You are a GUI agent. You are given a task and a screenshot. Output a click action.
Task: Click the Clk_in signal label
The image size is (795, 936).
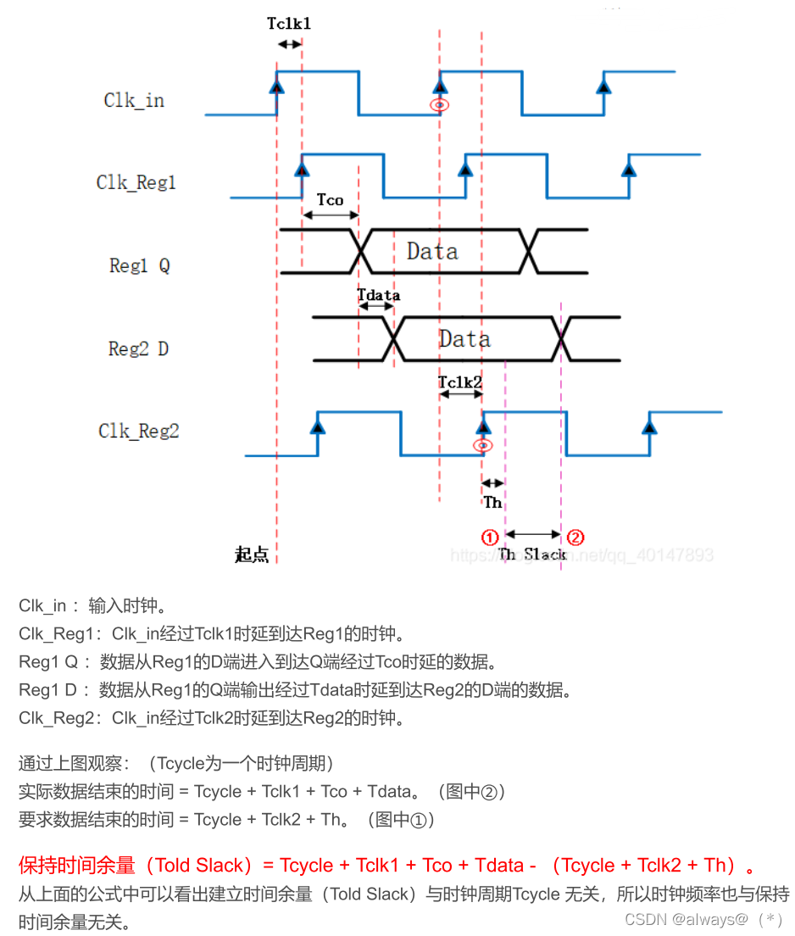pos(134,100)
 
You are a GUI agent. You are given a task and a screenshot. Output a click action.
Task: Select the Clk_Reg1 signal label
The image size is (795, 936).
pos(136,182)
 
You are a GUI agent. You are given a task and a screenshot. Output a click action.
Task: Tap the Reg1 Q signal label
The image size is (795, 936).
pos(139,265)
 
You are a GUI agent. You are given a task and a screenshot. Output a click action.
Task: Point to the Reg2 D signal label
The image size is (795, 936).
pos(138,348)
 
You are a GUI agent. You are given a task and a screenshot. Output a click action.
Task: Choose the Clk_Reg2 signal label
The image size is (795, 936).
pos(138,431)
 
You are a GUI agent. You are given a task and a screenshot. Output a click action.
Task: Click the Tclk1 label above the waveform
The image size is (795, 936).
pos(289,24)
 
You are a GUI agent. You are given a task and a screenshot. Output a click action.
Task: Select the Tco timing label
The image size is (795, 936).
pos(330,199)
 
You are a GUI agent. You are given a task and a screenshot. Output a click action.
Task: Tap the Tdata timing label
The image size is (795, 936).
pos(378,295)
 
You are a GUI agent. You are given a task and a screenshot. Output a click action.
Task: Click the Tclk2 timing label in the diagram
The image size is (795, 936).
pos(460,382)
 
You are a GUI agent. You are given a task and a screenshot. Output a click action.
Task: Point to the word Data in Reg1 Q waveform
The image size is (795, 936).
pos(432,252)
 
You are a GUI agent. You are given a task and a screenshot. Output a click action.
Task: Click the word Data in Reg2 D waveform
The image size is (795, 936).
pos(464,339)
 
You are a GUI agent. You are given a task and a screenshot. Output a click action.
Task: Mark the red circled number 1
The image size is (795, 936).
pos(489,537)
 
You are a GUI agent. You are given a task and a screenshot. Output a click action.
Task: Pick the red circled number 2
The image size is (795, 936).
pos(575,537)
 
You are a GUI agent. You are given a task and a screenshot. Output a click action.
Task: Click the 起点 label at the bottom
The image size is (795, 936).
pos(252,555)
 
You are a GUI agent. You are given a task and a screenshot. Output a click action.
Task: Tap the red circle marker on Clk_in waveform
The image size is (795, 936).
pos(439,105)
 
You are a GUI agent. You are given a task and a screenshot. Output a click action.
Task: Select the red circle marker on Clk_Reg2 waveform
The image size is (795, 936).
pos(483,446)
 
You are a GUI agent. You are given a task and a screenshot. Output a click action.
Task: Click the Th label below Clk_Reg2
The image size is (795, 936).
pos(492,503)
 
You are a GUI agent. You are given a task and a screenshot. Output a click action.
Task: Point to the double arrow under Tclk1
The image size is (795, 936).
pos(289,44)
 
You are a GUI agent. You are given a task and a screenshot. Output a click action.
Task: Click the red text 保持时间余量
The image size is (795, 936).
pos(77,866)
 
